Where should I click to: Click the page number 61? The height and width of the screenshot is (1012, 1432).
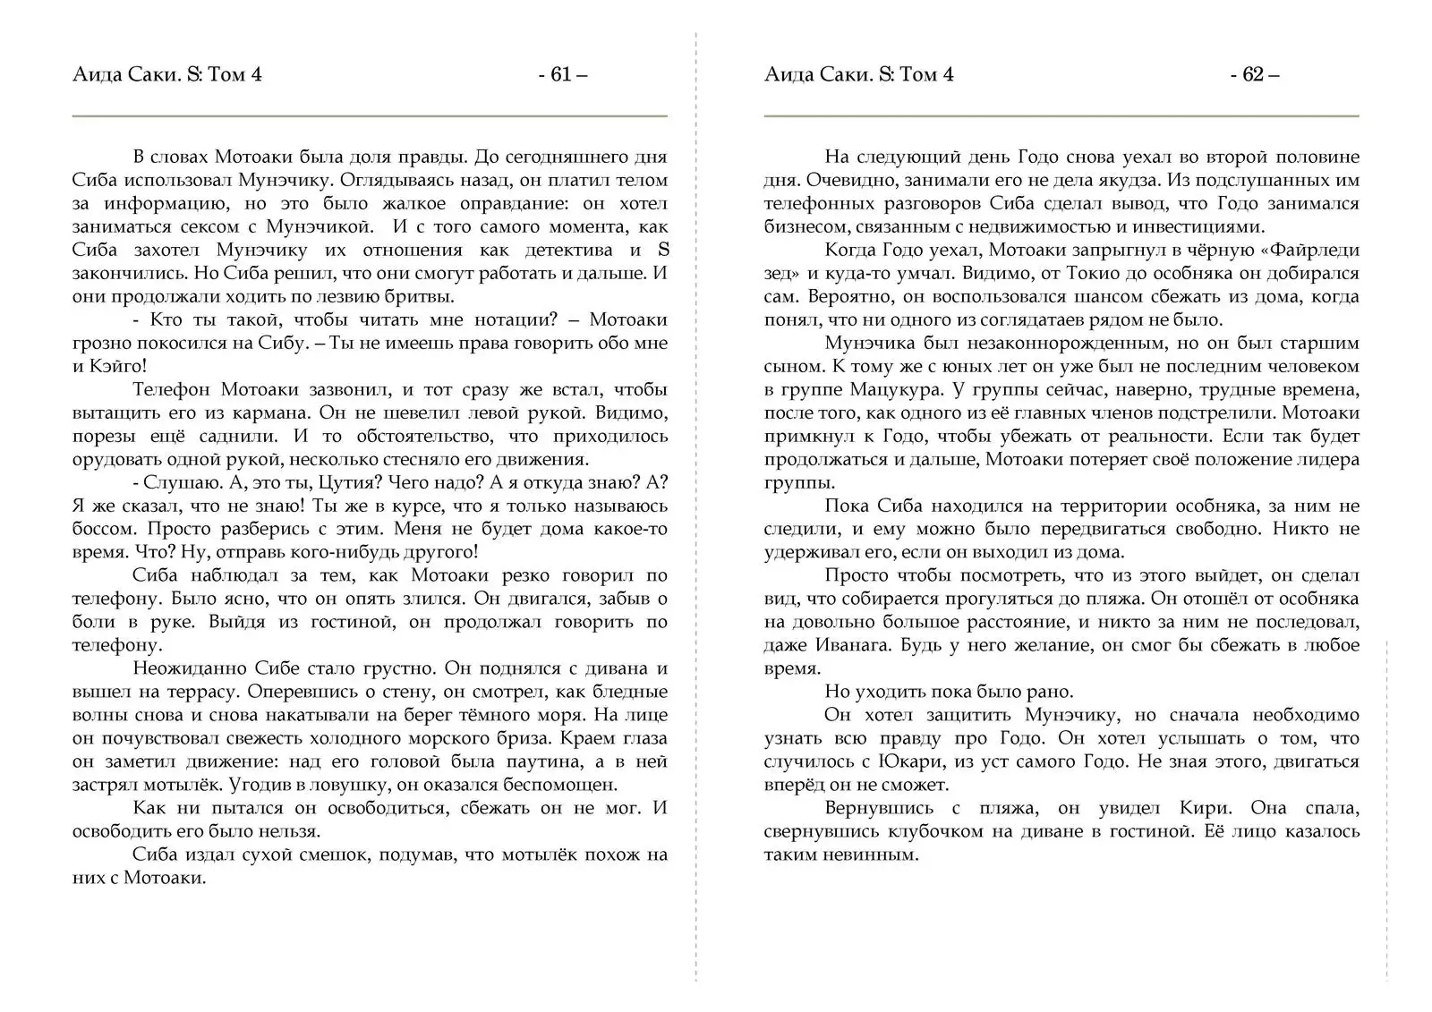point(562,74)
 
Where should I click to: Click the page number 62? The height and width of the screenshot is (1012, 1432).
point(1254,74)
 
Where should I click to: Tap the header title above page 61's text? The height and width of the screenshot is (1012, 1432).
point(167,74)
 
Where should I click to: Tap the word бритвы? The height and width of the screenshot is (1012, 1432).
point(422,296)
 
